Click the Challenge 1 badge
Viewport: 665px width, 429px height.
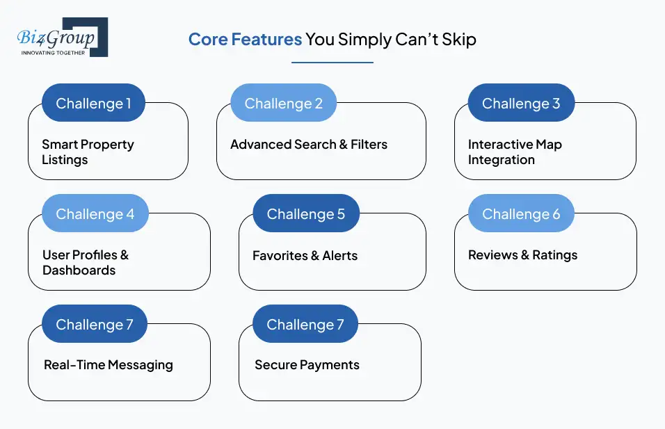pyautogui.click(x=93, y=103)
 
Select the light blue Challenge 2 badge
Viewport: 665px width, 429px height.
pyautogui.click(x=283, y=103)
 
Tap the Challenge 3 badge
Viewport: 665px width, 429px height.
pyautogui.click(x=521, y=103)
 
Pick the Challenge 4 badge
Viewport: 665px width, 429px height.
pyautogui.click(x=95, y=213)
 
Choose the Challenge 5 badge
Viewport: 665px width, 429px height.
pyautogui.click(x=305, y=213)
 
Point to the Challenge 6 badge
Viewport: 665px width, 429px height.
pyautogui.click(x=521, y=213)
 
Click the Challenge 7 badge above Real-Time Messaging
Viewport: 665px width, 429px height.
pyautogui.click(x=94, y=324)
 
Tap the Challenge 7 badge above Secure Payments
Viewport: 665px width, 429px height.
pyautogui.click(x=305, y=324)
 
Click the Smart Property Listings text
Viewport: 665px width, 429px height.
pyautogui.click(x=88, y=152)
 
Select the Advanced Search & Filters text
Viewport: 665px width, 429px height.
pyautogui.click(x=309, y=145)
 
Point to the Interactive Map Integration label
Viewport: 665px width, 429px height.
pyautogui.click(x=515, y=152)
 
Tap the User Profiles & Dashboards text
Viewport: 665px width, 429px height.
pyautogui.click(x=86, y=262)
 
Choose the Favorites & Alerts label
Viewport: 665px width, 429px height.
pyautogui.click(x=305, y=255)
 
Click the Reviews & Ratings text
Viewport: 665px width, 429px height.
pyautogui.click(x=522, y=255)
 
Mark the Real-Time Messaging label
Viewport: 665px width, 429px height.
pyautogui.click(x=109, y=365)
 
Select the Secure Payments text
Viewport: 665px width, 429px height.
pyautogui.click(x=307, y=365)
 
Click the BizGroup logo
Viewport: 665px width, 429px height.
pyautogui.click(x=62, y=38)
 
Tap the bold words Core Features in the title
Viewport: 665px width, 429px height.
pyautogui.click(x=245, y=39)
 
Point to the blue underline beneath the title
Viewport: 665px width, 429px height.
pyautogui.click(x=332, y=63)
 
